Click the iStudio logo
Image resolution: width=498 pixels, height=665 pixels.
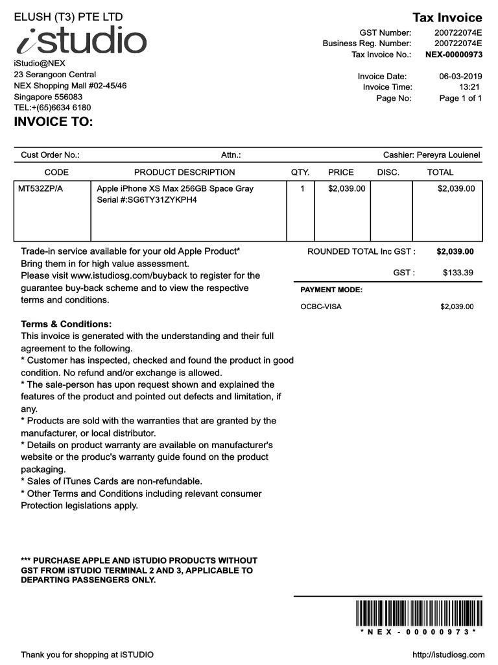pyautogui.click(x=81, y=40)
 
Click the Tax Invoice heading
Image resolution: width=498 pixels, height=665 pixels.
pyautogui.click(x=447, y=18)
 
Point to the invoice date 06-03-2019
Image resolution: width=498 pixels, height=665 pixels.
pyautogui.click(x=460, y=77)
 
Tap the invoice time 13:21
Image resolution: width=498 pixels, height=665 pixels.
pyautogui.click(x=469, y=87)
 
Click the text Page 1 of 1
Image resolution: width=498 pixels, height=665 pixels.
pyautogui.click(x=460, y=98)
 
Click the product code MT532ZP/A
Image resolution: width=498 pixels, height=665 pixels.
pyautogui.click(x=45, y=189)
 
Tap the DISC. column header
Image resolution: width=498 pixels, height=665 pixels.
pyautogui.click(x=388, y=172)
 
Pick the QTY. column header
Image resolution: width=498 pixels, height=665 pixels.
pyautogui.click(x=300, y=172)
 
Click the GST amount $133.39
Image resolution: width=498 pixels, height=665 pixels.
pyautogui.click(x=458, y=273)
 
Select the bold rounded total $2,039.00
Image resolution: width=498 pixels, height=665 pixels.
pyautogui.click(x=455, y=251)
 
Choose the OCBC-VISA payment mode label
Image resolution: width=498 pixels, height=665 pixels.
pyautogui.click(x=321, y=307)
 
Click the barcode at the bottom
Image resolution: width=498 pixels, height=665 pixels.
pyautogui.click(x=418, y=614)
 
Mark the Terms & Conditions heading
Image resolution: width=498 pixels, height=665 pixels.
pyautogui.click(x=66, y=324)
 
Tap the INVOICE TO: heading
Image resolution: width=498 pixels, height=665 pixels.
pyautogui.click(x=54, y=122)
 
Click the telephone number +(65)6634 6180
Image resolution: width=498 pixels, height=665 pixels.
pyautogui.click(x=61, y=108)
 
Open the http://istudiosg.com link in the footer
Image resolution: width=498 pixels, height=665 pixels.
pyautogui.click(x=448, y=655)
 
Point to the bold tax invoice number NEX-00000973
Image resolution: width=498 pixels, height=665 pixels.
pyautogui.click(x=453, y=55)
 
